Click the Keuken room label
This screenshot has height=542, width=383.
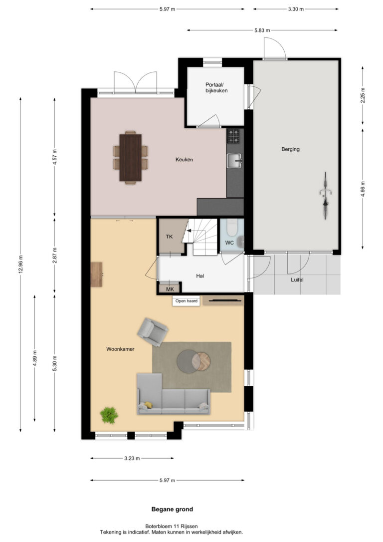pyautogui.click(x=184, y=160)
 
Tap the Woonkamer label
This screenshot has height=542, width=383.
pyautogui.click(x=120, y=349)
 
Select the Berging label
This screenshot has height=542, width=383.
pyautogui.click(x=290, y=149)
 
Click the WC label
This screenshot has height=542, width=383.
pyautogui.click(x=229, y=243)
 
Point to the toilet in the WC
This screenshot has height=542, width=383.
pyautogui.click(x=231, y=228)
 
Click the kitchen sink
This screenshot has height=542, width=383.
pyautogui.click(x=235, y=161)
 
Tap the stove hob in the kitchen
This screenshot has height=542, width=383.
pyautogui.click(x=233, y=136)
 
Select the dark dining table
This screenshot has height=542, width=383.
pyautogui.click(x=131, y=158)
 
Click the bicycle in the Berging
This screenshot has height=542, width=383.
pyautogui.click(x=325, y=195)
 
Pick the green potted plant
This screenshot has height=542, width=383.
pyautogui.click(x=109, y=415)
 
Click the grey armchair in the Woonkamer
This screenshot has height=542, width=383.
pyautogui.click(x=152, y=332)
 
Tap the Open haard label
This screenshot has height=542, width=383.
pyautogui.click(x=187, y=301)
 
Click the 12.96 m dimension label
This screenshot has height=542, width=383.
pyautogui.click(x=20, y=264)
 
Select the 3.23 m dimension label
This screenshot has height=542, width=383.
pyautogui.click(x=132, y=458)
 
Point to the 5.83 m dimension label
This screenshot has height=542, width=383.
pyautogui.click(x=262, y=30)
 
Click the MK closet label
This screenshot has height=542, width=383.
pyautogui.click(x=170, y=289)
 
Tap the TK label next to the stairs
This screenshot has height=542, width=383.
pyautogui.click(x=169, y=237)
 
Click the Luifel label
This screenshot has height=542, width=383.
pyautogui.click(x=297, y=279)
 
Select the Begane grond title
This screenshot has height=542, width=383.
pyautogui.click(x=172, y=509)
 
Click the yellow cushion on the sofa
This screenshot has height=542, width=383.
pyautogui.click(x=148, y=405)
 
